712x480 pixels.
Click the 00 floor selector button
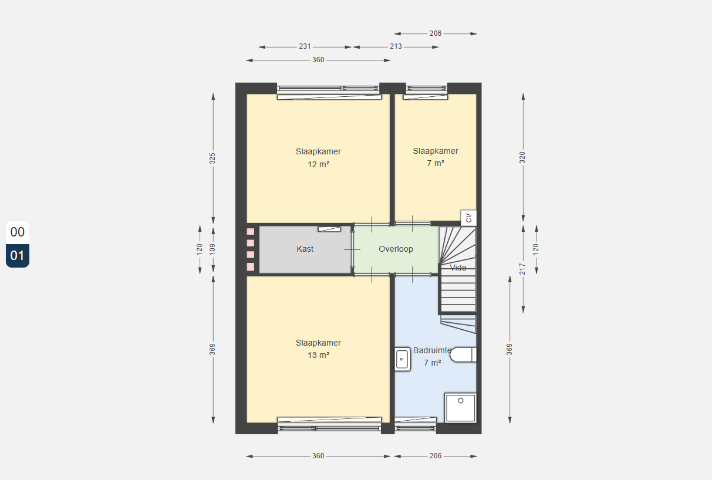(18, 232)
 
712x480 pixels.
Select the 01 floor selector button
(18, 256)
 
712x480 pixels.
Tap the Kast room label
(305, 249)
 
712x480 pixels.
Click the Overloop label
(396, 249)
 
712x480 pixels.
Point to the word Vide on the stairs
(458, 268)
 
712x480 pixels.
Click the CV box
(468, 218)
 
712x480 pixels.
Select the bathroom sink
(403, 359)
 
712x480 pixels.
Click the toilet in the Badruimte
(463, 354)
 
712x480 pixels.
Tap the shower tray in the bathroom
(460, 408)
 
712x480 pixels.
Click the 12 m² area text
(318, 164)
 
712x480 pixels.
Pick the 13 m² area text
(318, 355)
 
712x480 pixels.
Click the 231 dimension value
(305, 46)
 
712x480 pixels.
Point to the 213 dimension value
(396, 46)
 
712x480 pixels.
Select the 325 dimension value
(212, 158)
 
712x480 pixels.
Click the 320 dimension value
(522, 158)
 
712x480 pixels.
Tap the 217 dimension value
(522, 269)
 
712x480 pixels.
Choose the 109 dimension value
(212, 249)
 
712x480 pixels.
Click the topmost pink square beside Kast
(251, 232)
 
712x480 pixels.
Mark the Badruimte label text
(432, 350)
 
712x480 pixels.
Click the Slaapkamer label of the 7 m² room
(436, 151)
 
